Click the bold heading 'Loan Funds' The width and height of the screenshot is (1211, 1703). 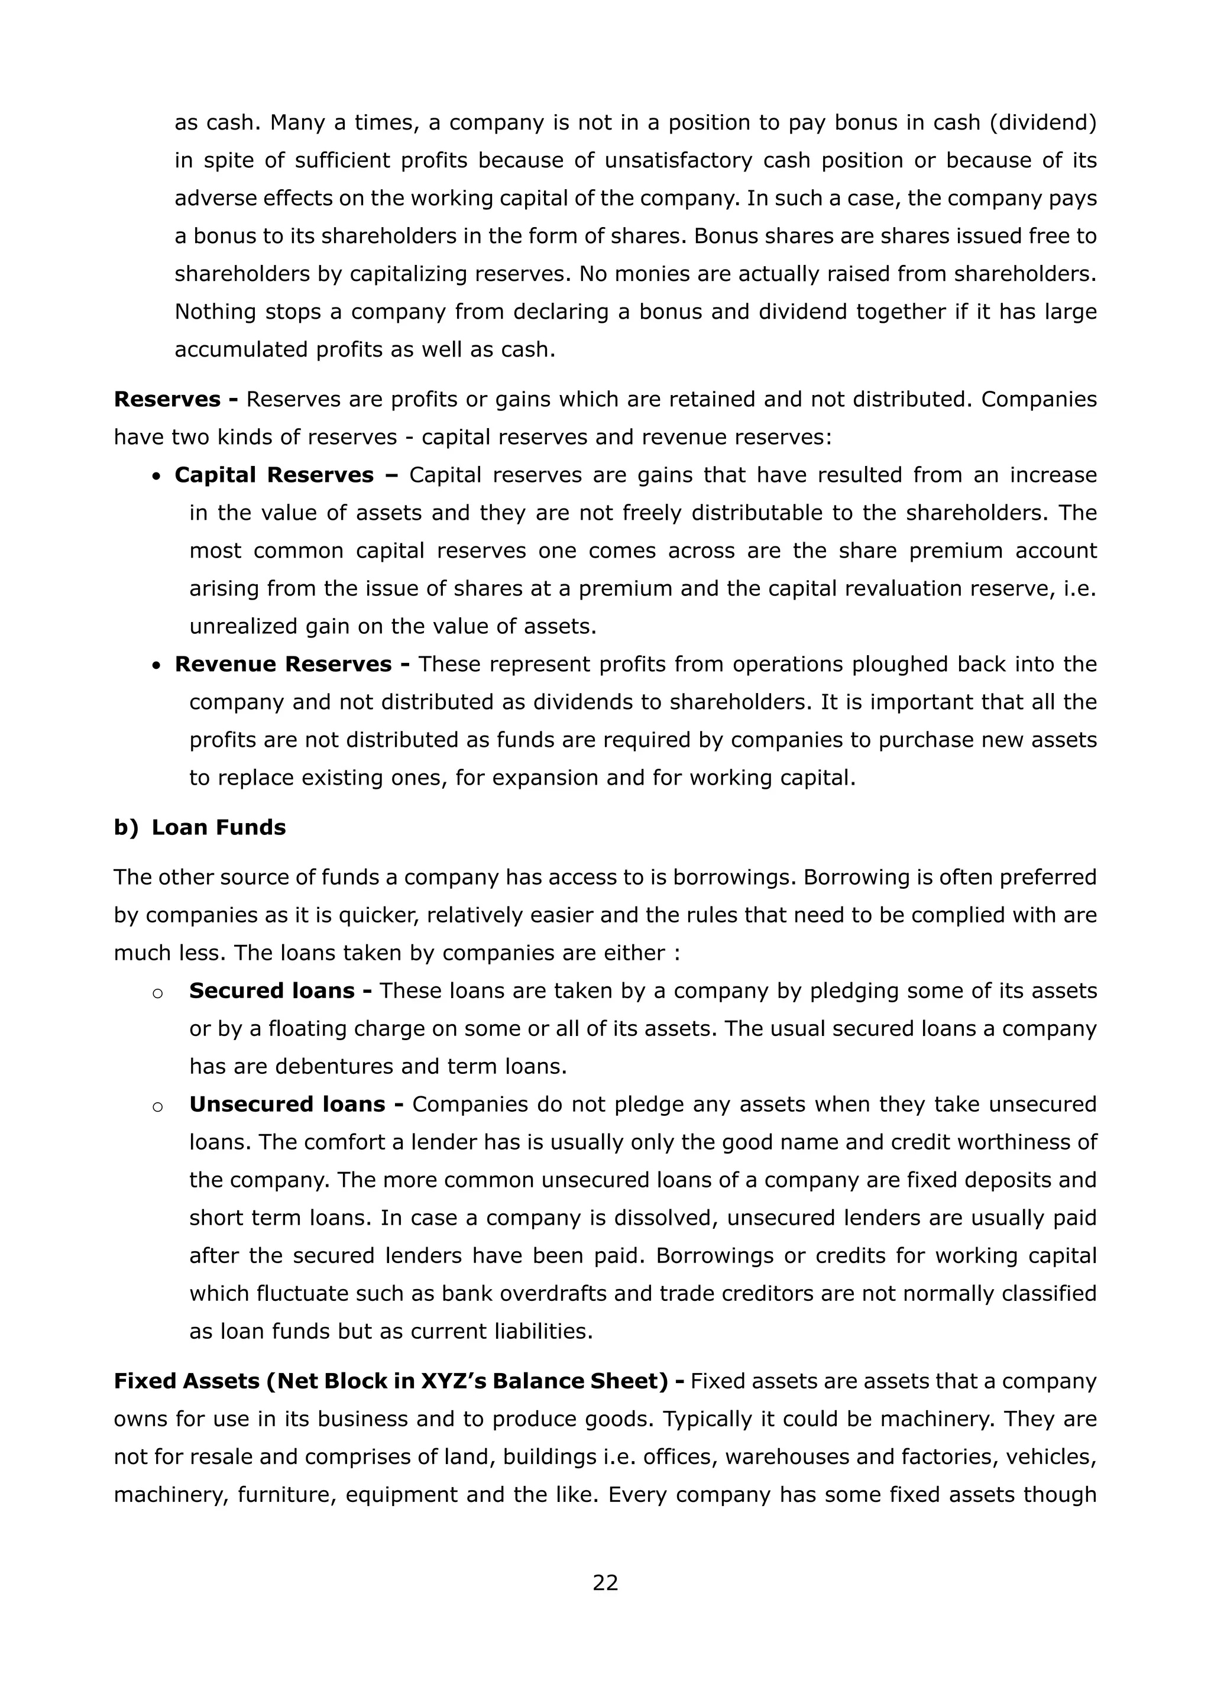[x=218, y=828]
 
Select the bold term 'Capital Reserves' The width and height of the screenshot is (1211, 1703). [x=274, y=475]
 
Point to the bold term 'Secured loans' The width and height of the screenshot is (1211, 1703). [x=271, y=991]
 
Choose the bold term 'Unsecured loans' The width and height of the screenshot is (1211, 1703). [x=287, y=1104]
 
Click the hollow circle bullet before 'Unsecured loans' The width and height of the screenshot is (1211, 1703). [x=157, y=1106]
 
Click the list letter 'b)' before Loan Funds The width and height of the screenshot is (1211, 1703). [x=126, y=828]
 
